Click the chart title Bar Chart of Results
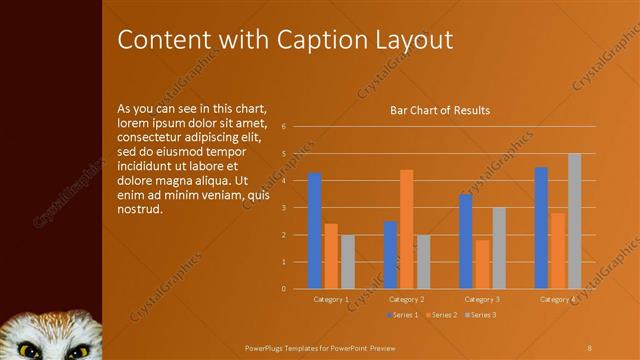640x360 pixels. [439, 110]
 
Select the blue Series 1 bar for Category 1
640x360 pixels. [315, 230]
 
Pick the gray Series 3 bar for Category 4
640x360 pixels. [574, 221]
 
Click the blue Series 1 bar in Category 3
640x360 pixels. [466, 241]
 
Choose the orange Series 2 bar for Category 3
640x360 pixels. [482, 264]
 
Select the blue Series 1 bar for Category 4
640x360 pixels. [541, 228]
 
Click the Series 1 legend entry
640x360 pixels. [403, 315]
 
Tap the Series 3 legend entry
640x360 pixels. [480, 315]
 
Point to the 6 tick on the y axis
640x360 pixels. [284, 127]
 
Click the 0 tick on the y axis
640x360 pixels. [284, 289]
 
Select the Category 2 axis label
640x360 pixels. [406, 299]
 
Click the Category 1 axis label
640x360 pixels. [331, 299]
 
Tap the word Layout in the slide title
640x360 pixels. [410, 40]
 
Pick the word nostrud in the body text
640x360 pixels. [139, 210]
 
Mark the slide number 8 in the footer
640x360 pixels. [589, 346]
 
